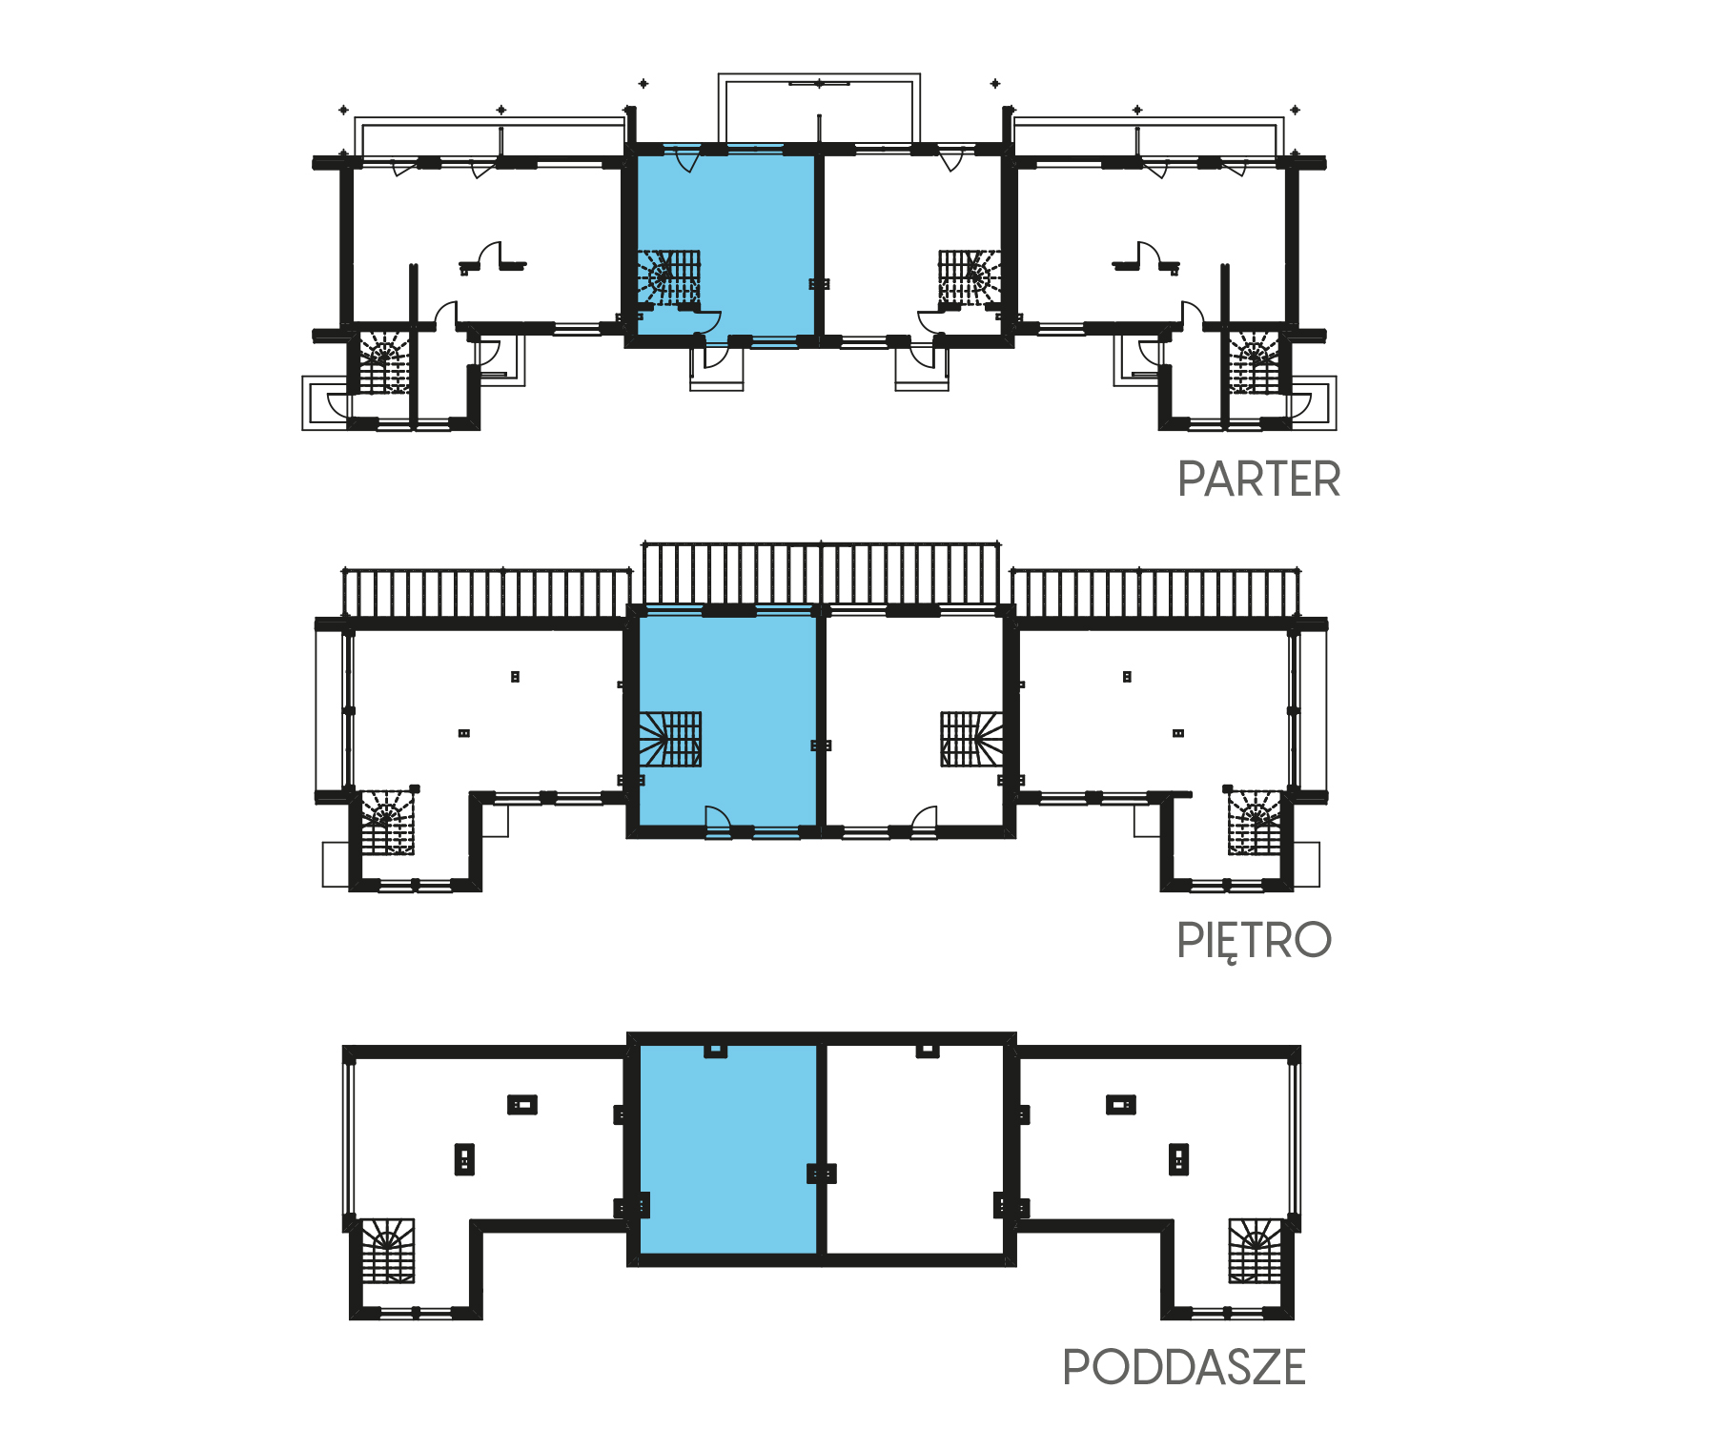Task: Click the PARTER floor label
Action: pyautogui.click(x=1258, y=479)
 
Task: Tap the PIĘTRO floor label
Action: pyautogui.click(x=1254, y=941)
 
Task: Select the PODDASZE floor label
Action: pyautogui.click(x=1183, y=1367)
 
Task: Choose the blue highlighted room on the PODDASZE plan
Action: pyautogui.click(x=727, y=1149)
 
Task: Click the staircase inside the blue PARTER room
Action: pyautogui.click(x=669, y=277)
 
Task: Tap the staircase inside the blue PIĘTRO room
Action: pyautogui.click(x=670, y=739)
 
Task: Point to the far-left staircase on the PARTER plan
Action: pyautogui.click(x=384, y=361)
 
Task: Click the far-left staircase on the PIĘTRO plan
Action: pyautogui.click(x=387, y=821)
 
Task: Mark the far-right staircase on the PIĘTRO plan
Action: pyautogui.click(x=1254, y=821)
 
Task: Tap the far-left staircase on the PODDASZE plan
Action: pyautogui.click(x=387, y=1250)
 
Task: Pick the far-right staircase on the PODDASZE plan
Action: pyautogui.click(x=1255, y=1250)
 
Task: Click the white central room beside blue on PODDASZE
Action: pyautogui.click(x=914, y=1149)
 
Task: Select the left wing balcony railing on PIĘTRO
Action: pyautogui.click(x=487, y=593)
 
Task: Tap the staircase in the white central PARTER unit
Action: pyautogui.click(x=970, y=277)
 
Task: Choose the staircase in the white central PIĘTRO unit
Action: pyautogui.click(x=971, y=739)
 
